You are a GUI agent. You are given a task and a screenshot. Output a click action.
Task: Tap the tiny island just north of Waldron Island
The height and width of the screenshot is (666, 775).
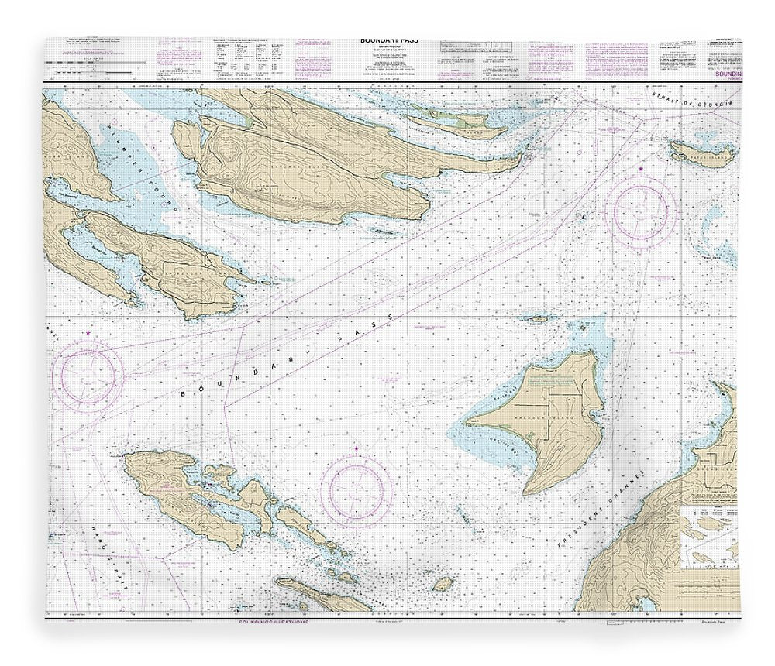(x=536, y=318)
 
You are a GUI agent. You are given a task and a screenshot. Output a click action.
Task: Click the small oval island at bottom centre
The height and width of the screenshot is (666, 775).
(x=444, y=582)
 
